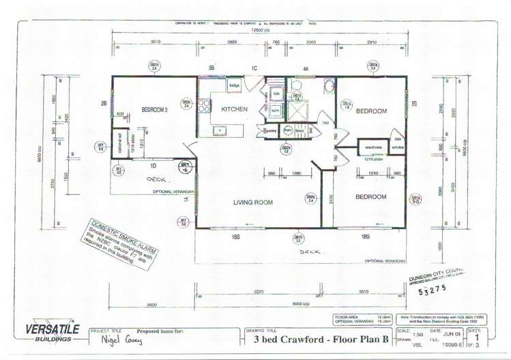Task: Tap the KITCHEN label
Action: (x=235, y=109)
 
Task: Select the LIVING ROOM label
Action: (x=253, y=202)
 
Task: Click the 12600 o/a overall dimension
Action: (x=263, y=31)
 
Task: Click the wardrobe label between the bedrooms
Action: (x=373, y=147)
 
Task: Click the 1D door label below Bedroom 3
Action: (x=154, y=166)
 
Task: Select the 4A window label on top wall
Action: (x=306, y=68)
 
